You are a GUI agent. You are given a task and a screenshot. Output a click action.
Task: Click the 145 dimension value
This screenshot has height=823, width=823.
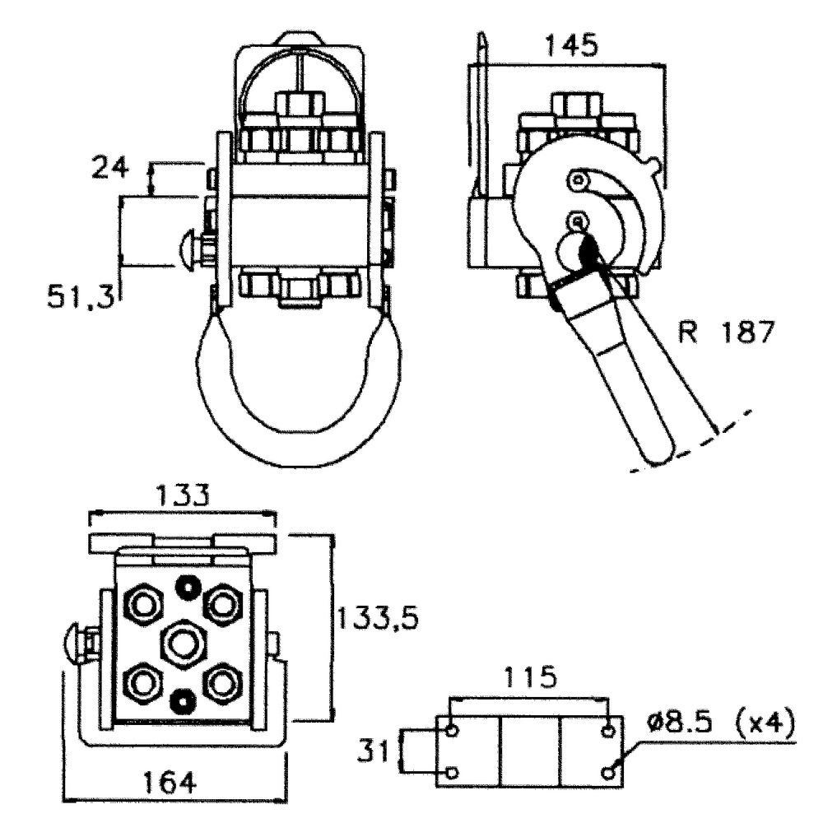click(570, 45)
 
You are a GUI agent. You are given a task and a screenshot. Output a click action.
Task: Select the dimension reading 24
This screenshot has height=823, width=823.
click(110, 169)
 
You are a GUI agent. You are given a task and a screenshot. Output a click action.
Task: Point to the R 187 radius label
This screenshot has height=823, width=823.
click(726, 332)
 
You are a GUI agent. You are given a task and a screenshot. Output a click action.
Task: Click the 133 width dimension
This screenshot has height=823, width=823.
click(182, 496)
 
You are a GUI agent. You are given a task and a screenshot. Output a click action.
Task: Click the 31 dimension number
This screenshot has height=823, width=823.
click(375, 751)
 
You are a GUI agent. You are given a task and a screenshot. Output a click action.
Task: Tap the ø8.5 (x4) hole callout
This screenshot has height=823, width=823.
click(721, 725)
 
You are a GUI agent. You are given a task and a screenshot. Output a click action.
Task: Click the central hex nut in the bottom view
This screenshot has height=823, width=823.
click(182, 641)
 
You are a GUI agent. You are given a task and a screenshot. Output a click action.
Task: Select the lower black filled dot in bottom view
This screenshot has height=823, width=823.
click(180, 700)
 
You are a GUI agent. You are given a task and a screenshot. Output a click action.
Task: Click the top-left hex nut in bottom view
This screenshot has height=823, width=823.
click(142, 607)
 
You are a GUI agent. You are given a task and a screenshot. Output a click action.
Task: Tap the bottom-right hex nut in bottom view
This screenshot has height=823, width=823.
click(221, 682)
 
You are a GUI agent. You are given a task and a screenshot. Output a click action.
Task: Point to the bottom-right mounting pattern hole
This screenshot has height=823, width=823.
click(609, 773)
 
